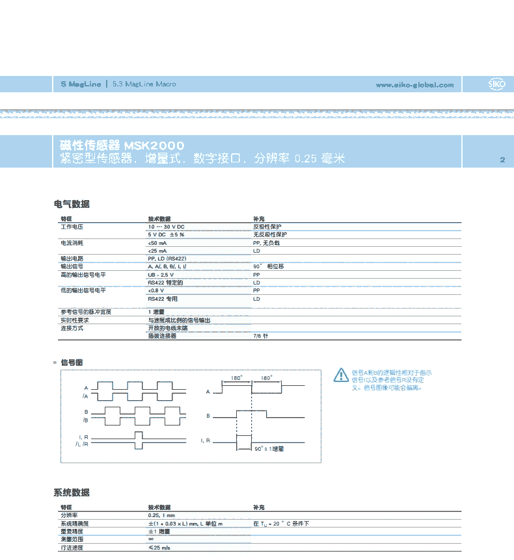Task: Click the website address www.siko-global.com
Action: pyautogui.click(x=414, y=84)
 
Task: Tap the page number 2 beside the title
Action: pyautogui.click(x=502, y=160)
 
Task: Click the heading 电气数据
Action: pyautogui.click(x=72, y=204)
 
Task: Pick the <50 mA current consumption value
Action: pyautogui.click(x=157, y=242)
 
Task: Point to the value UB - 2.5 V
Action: pyautogui.click(x=161, y=275)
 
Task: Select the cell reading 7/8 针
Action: pyautogui.click(x=260, y=336)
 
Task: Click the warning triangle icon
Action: pyautogui.click(x=341, y=375)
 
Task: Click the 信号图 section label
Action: pyautogui.click(x=71, y=362)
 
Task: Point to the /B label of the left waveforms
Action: pyautogui.click(x=85, y=420)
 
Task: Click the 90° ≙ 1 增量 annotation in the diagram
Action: pyautogui.click(x=268, y=448)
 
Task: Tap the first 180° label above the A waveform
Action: pyautogui.click(x=237, y=377)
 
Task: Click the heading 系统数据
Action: pyautogui.click(x=72, y=492)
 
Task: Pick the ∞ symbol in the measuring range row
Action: pyautogui.click(x=151, y=539)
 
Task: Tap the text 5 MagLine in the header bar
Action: pyautogui.click(x=81, y=84)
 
